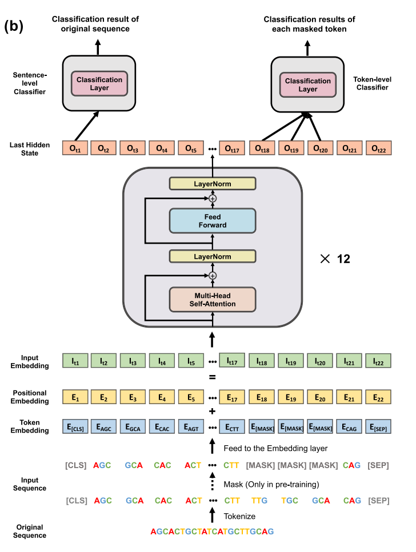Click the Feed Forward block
coord(212,221)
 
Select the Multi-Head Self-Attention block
coord(212,300)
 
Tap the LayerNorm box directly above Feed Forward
coord(212,183)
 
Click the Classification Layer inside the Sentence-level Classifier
coord(100,84)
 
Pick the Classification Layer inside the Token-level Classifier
coord(308,85)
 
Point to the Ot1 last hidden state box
coord(75,148)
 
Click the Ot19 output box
coord(291,148)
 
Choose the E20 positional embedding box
coord(321,397)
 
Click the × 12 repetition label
coord(335,259)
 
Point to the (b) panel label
coord(14,26)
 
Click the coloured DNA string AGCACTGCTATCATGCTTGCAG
coord(212,531)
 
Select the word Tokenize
coord(239,516)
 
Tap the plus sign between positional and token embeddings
coord(212,412)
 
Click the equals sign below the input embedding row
coord(212,377)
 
